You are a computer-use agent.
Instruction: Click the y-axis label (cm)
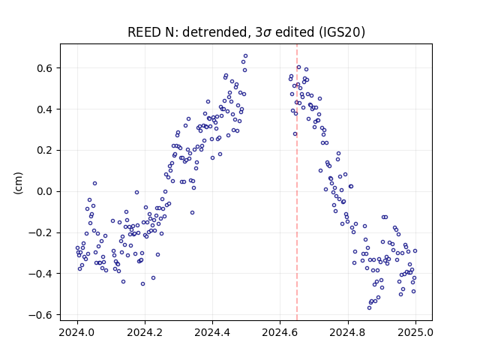[18, 183]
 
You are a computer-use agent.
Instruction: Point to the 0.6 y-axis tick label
[44, 68]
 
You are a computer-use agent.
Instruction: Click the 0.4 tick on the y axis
[44, 109]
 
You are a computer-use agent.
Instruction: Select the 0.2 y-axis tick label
[44, 150]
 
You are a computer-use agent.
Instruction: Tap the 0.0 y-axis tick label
[44, 192]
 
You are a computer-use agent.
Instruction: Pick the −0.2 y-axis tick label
[40, 232]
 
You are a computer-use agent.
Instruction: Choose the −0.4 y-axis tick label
[40, 274]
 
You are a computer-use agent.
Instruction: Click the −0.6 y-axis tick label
[40, 315]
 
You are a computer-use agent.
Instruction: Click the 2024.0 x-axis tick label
[77, 332]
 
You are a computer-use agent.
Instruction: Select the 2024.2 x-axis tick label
[145, 332]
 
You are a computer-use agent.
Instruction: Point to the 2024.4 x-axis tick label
[212, 332]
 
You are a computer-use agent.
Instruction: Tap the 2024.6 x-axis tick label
[280, 332]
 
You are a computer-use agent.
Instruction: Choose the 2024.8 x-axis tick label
[348, 332]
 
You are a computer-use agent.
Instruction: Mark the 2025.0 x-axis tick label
[415, 332]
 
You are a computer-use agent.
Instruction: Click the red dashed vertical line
[297, 182]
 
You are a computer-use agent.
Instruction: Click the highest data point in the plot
[245, 56]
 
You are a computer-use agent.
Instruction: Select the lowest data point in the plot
[370, 307]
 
